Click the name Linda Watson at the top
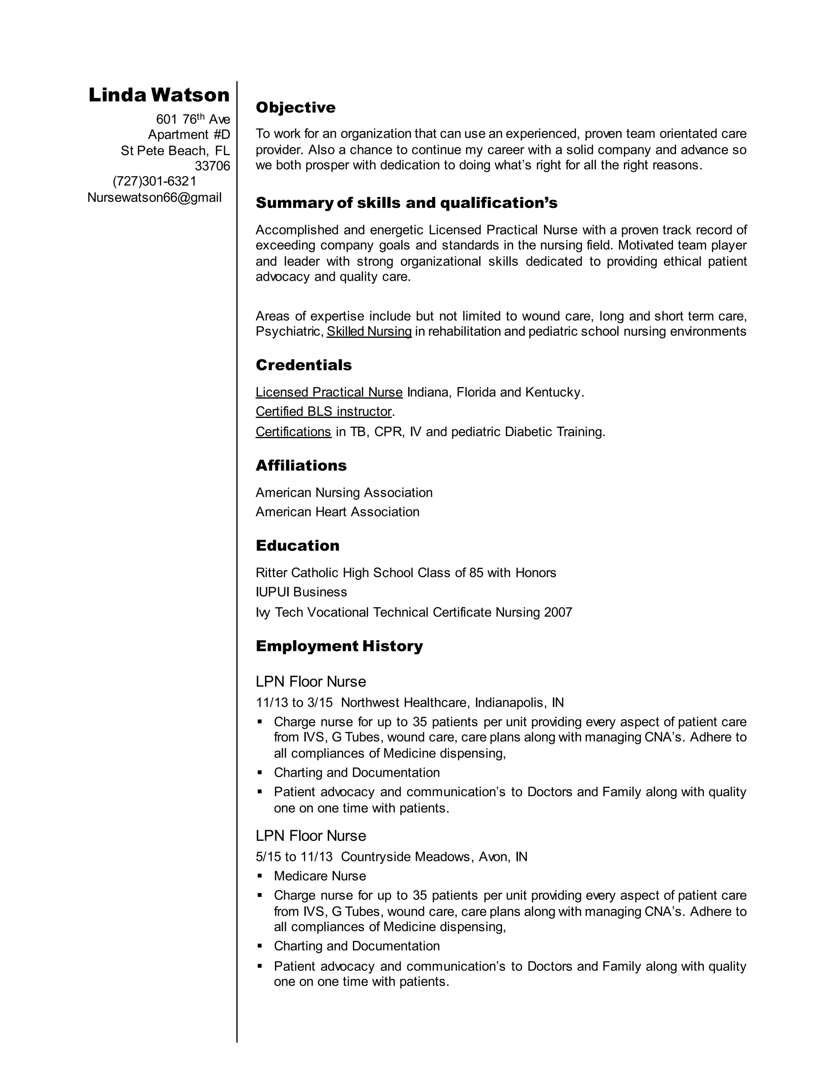pyautogui.click(x=159, y=95)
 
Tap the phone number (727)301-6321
pyautogui.click(x=154, y=181)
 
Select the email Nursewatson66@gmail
pyautogui.click(x=154, y=197)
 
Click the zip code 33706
pyautogui.click(x=212, y=166)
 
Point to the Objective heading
pyautogui.click(x=296, y=107)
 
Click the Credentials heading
pyautogui.click(x=303, y=365)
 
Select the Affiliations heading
pyautogui.click(x=301, y=466)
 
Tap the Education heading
pyautogui.click(x=297, y=546)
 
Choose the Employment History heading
pyautogui.click(x=339, y=646)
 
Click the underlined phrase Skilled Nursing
pyautogui.click(x=369, y=331)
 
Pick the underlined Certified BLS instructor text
pyautogui.click(x=324, y=411)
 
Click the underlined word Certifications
pyautogui.click(x=294, y=432)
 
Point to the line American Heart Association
pyautogui.click(x=338, y=512)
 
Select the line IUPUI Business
pyautogui.click(x=301, y=592)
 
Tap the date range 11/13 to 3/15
pyautogui.click(x=294, y=703)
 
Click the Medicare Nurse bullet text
pyautogui.click(x=320, y=876)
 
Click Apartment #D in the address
pyautogui.click(x=189, y=135)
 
